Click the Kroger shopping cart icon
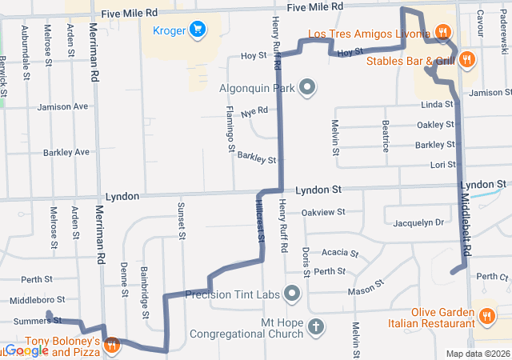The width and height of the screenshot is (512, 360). click(x=198, y=30)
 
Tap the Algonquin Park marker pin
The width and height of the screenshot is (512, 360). click(x=306, y=88)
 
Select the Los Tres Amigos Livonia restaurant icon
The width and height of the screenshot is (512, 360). click(x=442, y=33)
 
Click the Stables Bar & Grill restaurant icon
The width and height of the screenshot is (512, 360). click(x=468, y=59)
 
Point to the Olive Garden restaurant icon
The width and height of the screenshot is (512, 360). click(x=486, y=317)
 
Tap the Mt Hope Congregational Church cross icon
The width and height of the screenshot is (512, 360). click(x=316, y=326)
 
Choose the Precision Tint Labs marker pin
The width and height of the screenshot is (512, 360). click(x=292, y=294)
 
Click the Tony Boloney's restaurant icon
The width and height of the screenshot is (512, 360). click(x=111, y=346)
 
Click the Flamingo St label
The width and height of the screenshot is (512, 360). click(x=230, y=129)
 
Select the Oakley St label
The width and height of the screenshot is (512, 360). click(x=435, y=125)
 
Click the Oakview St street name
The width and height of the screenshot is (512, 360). click(x=323, y=212)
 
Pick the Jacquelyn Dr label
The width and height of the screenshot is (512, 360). click(x=418, y=222)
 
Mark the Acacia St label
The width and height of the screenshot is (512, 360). click(x=340, y=253)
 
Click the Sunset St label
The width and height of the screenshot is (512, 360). click(x=182, y=221)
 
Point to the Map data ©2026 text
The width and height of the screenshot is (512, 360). click(x=477, y=354)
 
